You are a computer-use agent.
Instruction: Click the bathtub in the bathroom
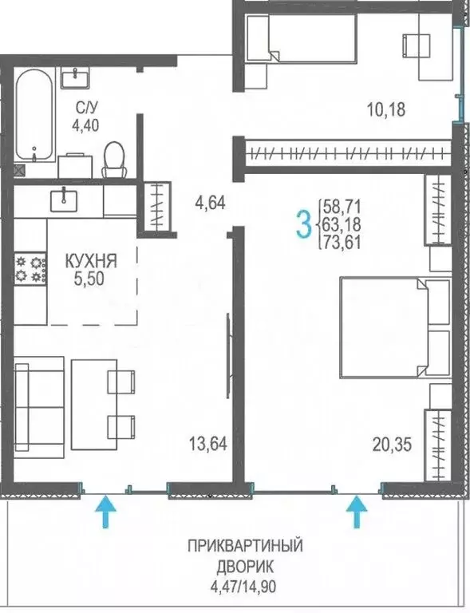(34, 114)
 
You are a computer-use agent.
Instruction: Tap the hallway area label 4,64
(210, 203)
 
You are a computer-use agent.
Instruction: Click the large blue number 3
(303, 225)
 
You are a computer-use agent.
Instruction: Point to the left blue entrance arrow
(103, 512)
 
